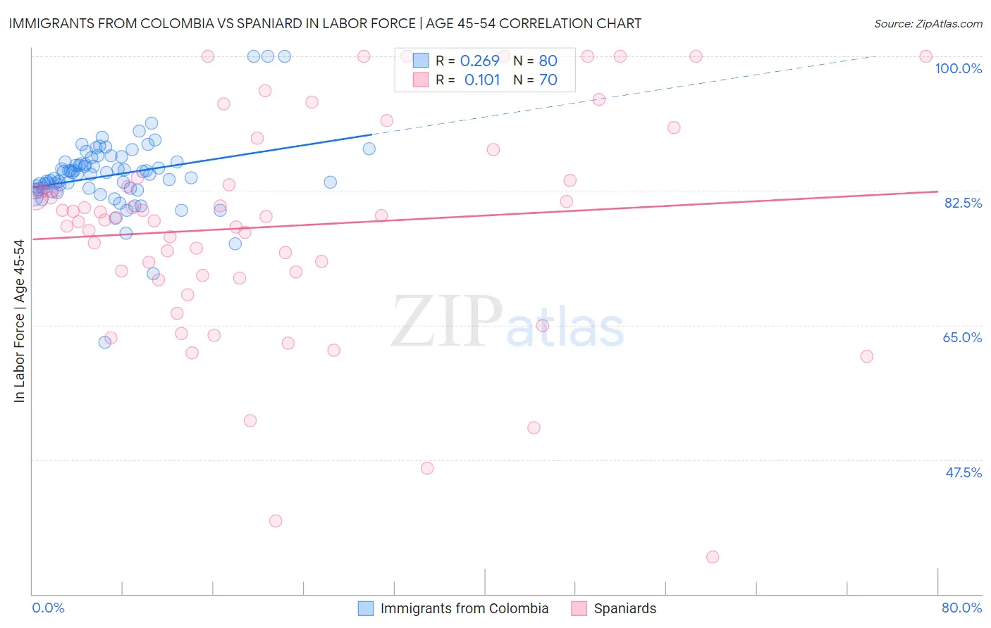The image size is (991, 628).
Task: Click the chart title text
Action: pyautogui.click(x=325, y=23)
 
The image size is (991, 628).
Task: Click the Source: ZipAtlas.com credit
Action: pyautogui.click(x=928, y=24)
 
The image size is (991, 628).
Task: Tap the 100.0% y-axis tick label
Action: pyautogui.click(x=958, y=68)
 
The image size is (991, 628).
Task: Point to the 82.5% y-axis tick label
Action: pyautogui.click(x=963, y=203)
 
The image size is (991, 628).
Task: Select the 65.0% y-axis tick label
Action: pyautogui.click(x=962, y=337)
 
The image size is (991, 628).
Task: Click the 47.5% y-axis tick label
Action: pyautogui.click(x=963, y=472)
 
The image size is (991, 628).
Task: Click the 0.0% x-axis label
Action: pyautogui.click(x=48, y=608)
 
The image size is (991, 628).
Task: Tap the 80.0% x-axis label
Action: pyautogui.click(x=961, y=608)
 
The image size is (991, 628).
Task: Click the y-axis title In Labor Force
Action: pyautogui.click(x=19, y=321)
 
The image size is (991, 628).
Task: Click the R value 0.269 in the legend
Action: pyautogui.click(x=479, y=61)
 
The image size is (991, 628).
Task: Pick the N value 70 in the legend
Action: pyautogui.click(x=548, y=80)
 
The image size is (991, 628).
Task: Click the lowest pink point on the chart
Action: pyautogui.click(x=713, y=557)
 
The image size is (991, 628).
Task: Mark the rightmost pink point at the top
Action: pyautogui.click(x=926, y=56)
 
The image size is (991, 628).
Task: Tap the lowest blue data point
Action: pyautogui.click(x=105, y=342)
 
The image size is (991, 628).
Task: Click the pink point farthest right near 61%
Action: pyautogui.click(x=867, y=356)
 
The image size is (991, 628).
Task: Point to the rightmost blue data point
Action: pyautogui.click(x=369, y=149)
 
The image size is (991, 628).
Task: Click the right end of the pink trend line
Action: pyautogui.click(x=937, y=191)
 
